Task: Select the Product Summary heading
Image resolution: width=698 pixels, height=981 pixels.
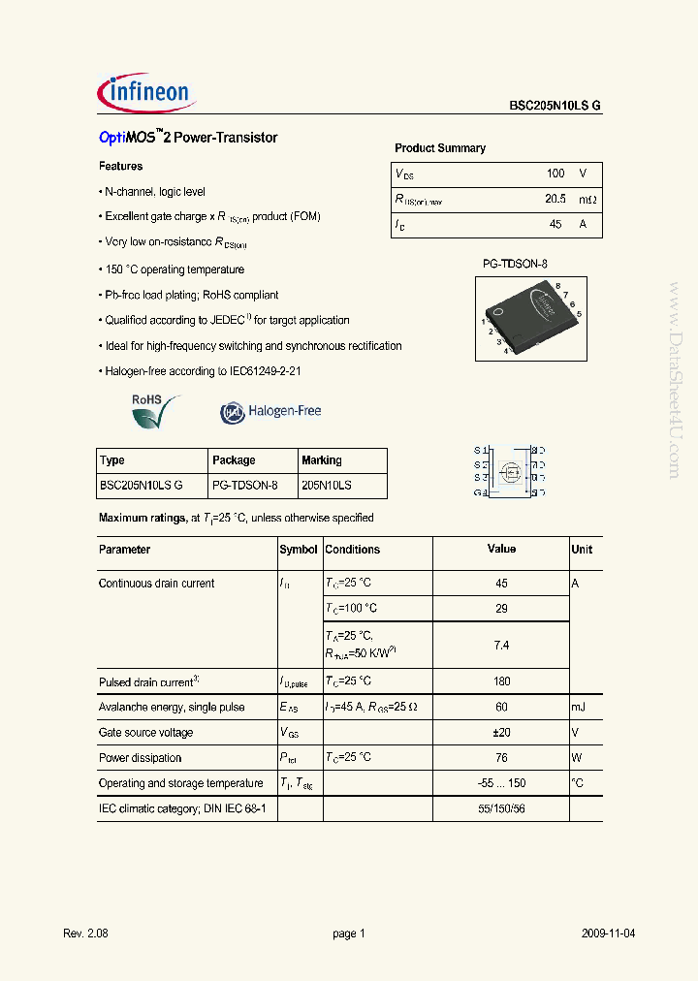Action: [440, 148]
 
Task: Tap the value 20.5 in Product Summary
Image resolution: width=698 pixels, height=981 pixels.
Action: [555, 199]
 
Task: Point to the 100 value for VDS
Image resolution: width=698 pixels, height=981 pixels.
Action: [555, 174]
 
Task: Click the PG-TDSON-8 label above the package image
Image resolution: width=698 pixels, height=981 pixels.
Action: [516, 264]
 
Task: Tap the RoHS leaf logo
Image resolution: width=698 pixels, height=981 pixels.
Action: [155, 411]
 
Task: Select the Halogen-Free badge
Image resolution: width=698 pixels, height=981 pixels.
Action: [270, 412]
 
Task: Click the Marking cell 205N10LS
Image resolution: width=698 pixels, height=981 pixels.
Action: [327, 486]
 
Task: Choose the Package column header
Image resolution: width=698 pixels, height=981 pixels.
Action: [234, 460]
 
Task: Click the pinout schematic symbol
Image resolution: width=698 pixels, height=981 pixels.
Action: [509, 471]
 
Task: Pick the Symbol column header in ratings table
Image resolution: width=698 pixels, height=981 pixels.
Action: [299, 550]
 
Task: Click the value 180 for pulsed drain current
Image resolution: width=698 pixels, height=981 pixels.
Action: [501, 681]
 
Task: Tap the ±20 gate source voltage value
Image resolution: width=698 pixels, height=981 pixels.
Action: [501, 733]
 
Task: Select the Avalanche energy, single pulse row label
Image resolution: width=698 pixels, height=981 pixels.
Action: [172, 708]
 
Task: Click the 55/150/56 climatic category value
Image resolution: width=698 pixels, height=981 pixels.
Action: [501, 808]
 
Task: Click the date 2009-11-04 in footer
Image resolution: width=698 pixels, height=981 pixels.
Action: [609, 934]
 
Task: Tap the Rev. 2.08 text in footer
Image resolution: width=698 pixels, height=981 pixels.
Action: [85, 934]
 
